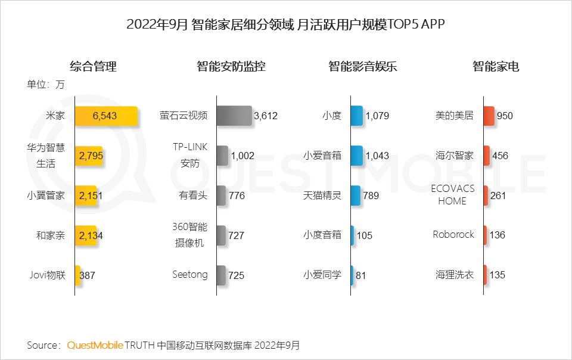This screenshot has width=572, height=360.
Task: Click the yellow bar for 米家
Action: (x=106, y=116)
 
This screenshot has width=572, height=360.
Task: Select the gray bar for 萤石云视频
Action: (x=234, y=116)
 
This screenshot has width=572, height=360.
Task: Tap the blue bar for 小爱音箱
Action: (x=356, y=156)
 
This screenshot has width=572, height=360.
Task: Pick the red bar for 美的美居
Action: (x=489, y=116)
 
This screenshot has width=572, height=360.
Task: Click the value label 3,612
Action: (x=266, y=116)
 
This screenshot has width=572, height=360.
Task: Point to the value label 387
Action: (x=87, y=275)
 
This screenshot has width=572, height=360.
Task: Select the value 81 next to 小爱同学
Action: (x=361, y=275)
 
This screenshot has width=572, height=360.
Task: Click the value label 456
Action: (x=500, y=156)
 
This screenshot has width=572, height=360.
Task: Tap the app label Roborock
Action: (x=453, y=234)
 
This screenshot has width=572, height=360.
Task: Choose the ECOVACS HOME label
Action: (x=452, y=195)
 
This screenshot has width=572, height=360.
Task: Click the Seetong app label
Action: (x=190, y=274)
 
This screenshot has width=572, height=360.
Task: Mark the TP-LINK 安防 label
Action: (x=189, y=156)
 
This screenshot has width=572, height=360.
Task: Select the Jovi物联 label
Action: (x=47, y=275)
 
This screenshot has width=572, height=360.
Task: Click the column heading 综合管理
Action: (x=93, y=66)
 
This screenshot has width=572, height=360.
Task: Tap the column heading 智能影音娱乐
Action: (x=362, y=66)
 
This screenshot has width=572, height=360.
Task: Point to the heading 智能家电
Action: (x=496, y=66)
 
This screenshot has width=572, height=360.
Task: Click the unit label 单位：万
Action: (x=45, y=84)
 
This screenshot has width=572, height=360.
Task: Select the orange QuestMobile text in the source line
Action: (x=95, y=345)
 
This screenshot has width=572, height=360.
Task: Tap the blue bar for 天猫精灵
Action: (x=355, y=195)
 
